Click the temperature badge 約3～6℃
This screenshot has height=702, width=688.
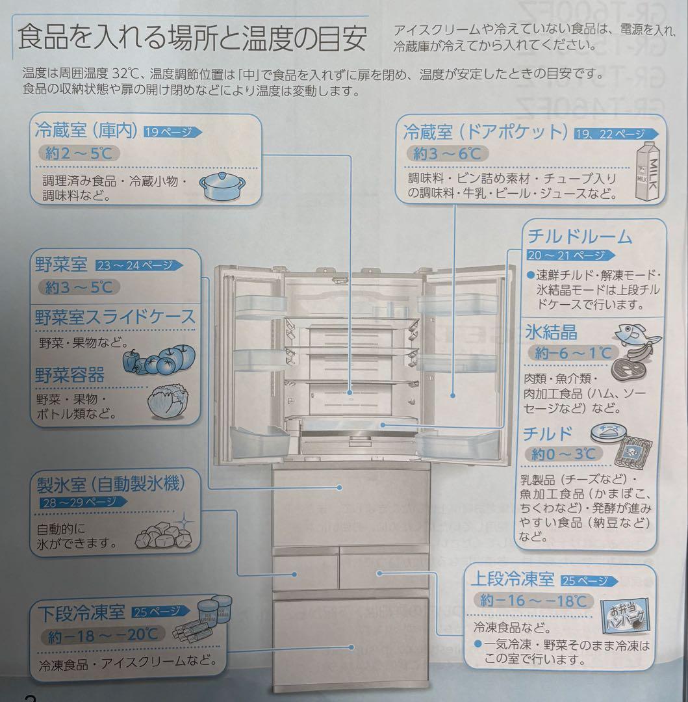(448, 153)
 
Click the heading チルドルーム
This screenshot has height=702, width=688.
(580, 235)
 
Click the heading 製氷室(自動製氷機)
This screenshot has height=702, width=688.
(111, 483)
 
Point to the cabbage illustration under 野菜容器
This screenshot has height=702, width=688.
(168, 402)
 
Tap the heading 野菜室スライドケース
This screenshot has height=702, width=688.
(115, 317)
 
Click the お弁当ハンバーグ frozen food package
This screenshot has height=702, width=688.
(626, 617)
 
